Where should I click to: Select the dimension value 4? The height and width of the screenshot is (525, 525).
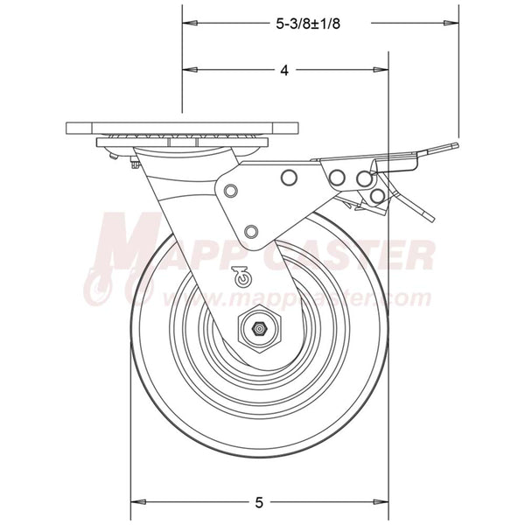[284, 70]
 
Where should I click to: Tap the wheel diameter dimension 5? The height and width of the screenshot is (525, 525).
[259, 502]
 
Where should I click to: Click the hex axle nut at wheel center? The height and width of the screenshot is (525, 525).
[258, 330]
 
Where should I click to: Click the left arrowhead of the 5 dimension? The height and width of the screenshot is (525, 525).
[136, 502]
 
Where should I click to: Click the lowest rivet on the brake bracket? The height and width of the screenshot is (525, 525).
[252, 231]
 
